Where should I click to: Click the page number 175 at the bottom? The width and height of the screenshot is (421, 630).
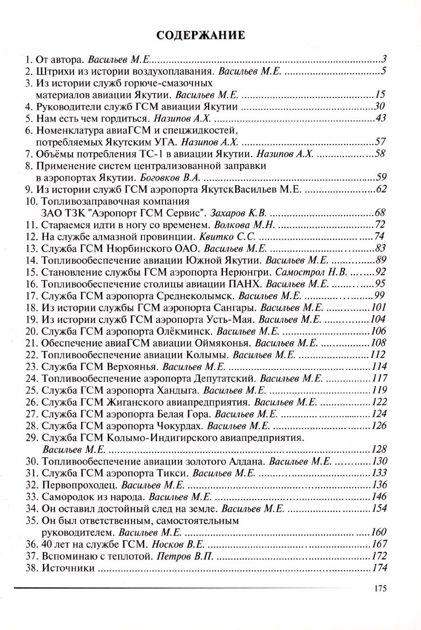point(380,588)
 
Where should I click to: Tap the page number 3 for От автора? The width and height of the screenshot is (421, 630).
point(385,60)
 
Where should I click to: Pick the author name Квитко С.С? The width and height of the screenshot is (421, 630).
point(223,236)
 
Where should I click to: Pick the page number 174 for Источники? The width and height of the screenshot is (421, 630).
point(379,568)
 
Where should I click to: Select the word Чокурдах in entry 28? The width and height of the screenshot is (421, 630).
point(184,426)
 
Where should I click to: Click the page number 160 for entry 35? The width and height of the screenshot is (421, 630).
point(379,532)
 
